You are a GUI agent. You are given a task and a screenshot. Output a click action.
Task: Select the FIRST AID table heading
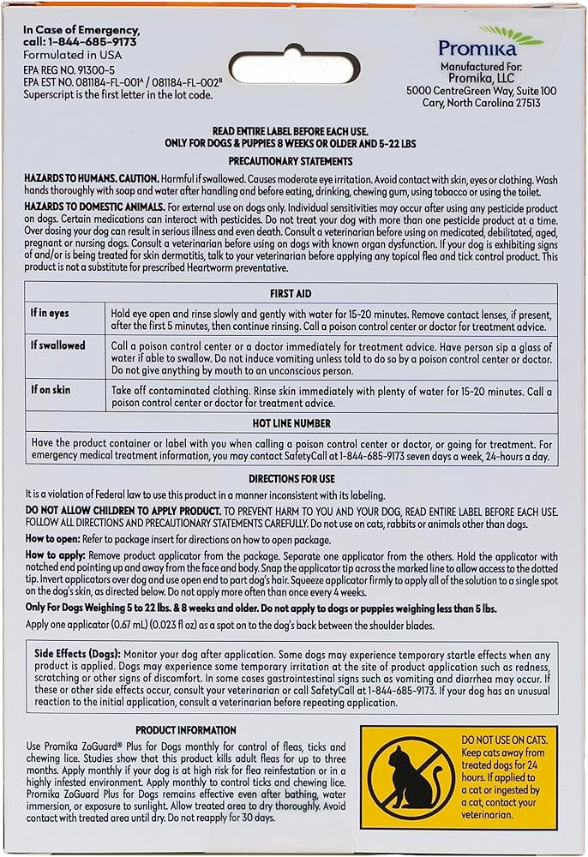point(291,292)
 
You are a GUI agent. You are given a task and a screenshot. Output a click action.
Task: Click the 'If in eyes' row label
point(51,312)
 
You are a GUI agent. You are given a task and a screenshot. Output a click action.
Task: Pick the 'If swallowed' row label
point(58,346)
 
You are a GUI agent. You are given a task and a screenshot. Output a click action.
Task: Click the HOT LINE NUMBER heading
point(291,423)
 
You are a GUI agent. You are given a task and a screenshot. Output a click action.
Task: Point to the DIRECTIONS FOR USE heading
point(291,479)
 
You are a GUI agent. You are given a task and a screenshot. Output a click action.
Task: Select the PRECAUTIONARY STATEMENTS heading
point(291,161)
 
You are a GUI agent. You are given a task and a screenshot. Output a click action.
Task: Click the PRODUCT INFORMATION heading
point(185,730)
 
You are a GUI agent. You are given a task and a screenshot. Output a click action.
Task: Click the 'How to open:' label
point(52,539)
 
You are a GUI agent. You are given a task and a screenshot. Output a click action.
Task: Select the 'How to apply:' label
point(53,555)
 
